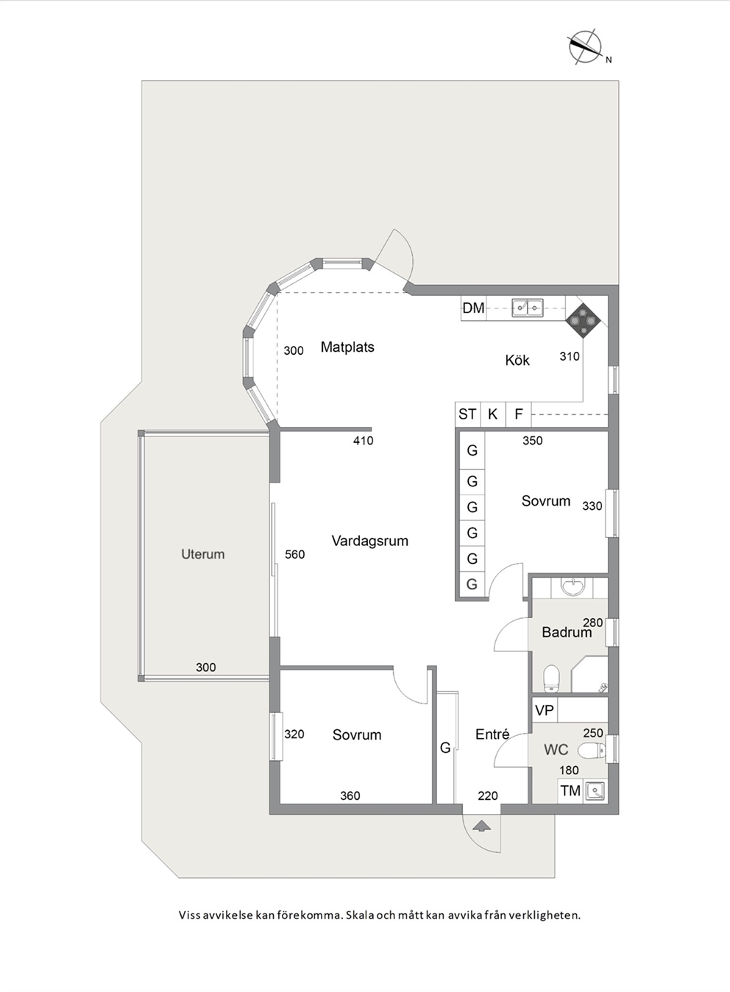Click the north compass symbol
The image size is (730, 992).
click(x=586, y=47)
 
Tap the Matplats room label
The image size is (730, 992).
click(x=347, y=347)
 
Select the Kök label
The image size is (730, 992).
click(x=517, y=360)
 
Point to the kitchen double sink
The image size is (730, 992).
click(x=528, y=308)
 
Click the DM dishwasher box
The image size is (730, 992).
click(x=473, y=308)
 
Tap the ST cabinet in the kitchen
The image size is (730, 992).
click(x=468, y=414)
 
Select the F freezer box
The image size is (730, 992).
click(x=519, y=414)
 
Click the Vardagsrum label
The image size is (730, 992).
click(x=370, y=541)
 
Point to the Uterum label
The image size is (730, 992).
click(x=203, y=554)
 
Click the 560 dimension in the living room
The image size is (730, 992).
click(x=294, y=554)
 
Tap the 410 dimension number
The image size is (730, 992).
click(x=364, y=441)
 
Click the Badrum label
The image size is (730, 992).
click(x=567, y=632)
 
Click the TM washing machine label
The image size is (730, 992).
click(x=570, y=790)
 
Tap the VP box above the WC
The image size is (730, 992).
click(x=545, y=710)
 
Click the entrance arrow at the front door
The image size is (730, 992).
click(x=481, y=826)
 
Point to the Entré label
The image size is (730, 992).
click(x=492, y=734)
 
